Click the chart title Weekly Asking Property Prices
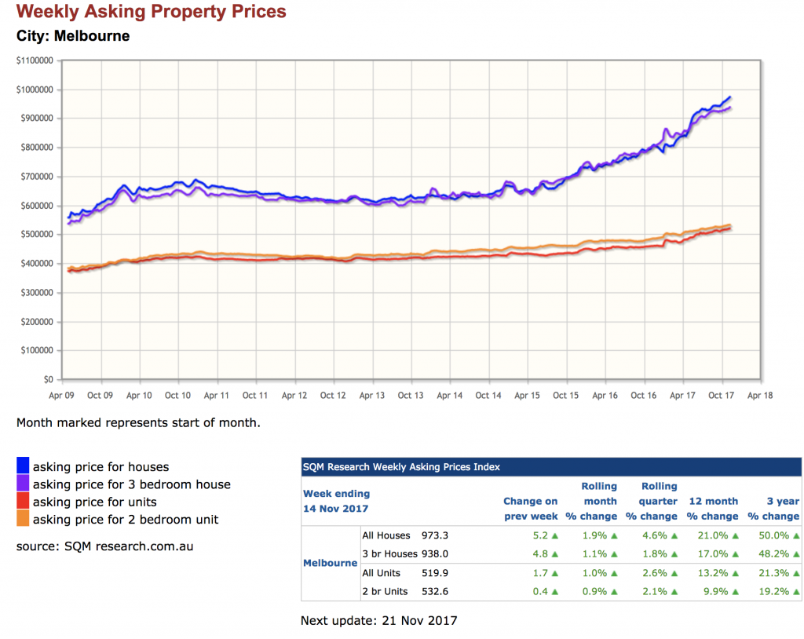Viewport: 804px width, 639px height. [152, 13]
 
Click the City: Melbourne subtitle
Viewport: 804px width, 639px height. [73, 36]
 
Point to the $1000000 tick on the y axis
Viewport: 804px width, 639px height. [34, 89]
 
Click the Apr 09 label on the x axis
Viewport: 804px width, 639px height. [62, 396]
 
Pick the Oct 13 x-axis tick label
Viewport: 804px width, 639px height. [410, 396]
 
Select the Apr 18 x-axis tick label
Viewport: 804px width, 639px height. [758, 396]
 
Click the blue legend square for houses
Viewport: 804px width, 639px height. [23, 467]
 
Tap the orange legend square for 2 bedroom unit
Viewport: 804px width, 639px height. [23, 519]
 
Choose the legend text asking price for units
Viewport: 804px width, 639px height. [94, 502]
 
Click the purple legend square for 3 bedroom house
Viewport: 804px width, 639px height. [23, 484]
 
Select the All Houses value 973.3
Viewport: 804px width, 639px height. [435, 535]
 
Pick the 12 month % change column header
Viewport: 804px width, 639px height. [713, 509]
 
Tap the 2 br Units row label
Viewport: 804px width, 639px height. [385, 591]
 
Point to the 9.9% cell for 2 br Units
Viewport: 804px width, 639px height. [713, 591]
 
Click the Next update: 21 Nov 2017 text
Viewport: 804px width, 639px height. [378, 621]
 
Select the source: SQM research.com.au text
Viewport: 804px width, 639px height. [104, 546]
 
